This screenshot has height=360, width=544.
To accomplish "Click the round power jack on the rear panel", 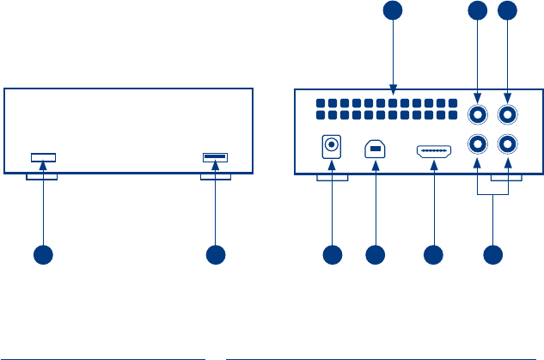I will click(329, 147).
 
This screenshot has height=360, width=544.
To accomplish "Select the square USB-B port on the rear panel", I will click(375, 148).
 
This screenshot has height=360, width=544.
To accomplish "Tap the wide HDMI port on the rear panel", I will click(434, 152).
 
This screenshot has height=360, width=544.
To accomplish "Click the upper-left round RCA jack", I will click(475, 113).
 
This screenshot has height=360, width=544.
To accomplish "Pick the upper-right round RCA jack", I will click(508, 113).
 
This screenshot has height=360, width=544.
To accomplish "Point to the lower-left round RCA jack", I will click(475, 145).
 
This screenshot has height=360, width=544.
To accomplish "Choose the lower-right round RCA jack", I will click(508, 145).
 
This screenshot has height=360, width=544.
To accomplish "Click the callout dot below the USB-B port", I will click(375, 254).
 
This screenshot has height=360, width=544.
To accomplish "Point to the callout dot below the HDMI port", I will click(434, 254).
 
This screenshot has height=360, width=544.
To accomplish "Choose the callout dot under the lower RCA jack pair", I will click(492, 254).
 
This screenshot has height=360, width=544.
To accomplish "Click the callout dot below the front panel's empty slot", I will click(43, 254).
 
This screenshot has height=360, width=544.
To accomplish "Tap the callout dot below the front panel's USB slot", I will click(215, 254).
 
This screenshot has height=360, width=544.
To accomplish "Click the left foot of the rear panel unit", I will click(332, 179).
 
